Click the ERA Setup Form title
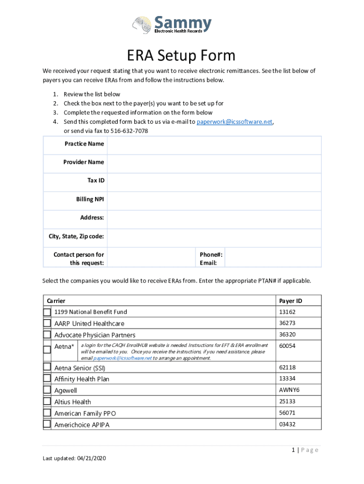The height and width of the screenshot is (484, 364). [x=181, y=56]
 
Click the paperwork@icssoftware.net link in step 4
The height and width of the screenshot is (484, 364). [x=234, y=122]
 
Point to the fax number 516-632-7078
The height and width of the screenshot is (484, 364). [x=129, y=131]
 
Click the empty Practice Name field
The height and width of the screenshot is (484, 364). [x=214, y=144]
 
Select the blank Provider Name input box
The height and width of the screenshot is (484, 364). [x=214, y=162]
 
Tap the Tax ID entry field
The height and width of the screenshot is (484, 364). [x=214, y=181]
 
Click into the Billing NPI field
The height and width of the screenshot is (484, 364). [x=214, y=199]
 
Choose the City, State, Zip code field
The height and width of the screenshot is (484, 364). [x=214, y=236]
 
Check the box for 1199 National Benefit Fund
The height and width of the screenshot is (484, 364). [x=47, y=312]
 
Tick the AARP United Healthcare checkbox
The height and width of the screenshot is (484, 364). [x=47, y=323]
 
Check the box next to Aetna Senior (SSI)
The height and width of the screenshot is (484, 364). [x=47, y=367]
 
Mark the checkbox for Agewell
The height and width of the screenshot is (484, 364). [x=47, y=390]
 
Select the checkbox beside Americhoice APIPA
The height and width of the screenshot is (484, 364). [x=47, y=424]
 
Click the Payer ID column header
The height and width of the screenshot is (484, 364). [x=290, y=301]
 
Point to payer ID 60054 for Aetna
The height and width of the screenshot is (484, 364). [x=287, y=346]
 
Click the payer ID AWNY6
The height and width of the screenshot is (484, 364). [x=289, y=390]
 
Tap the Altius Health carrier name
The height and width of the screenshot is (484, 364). [x=72, y=402]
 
